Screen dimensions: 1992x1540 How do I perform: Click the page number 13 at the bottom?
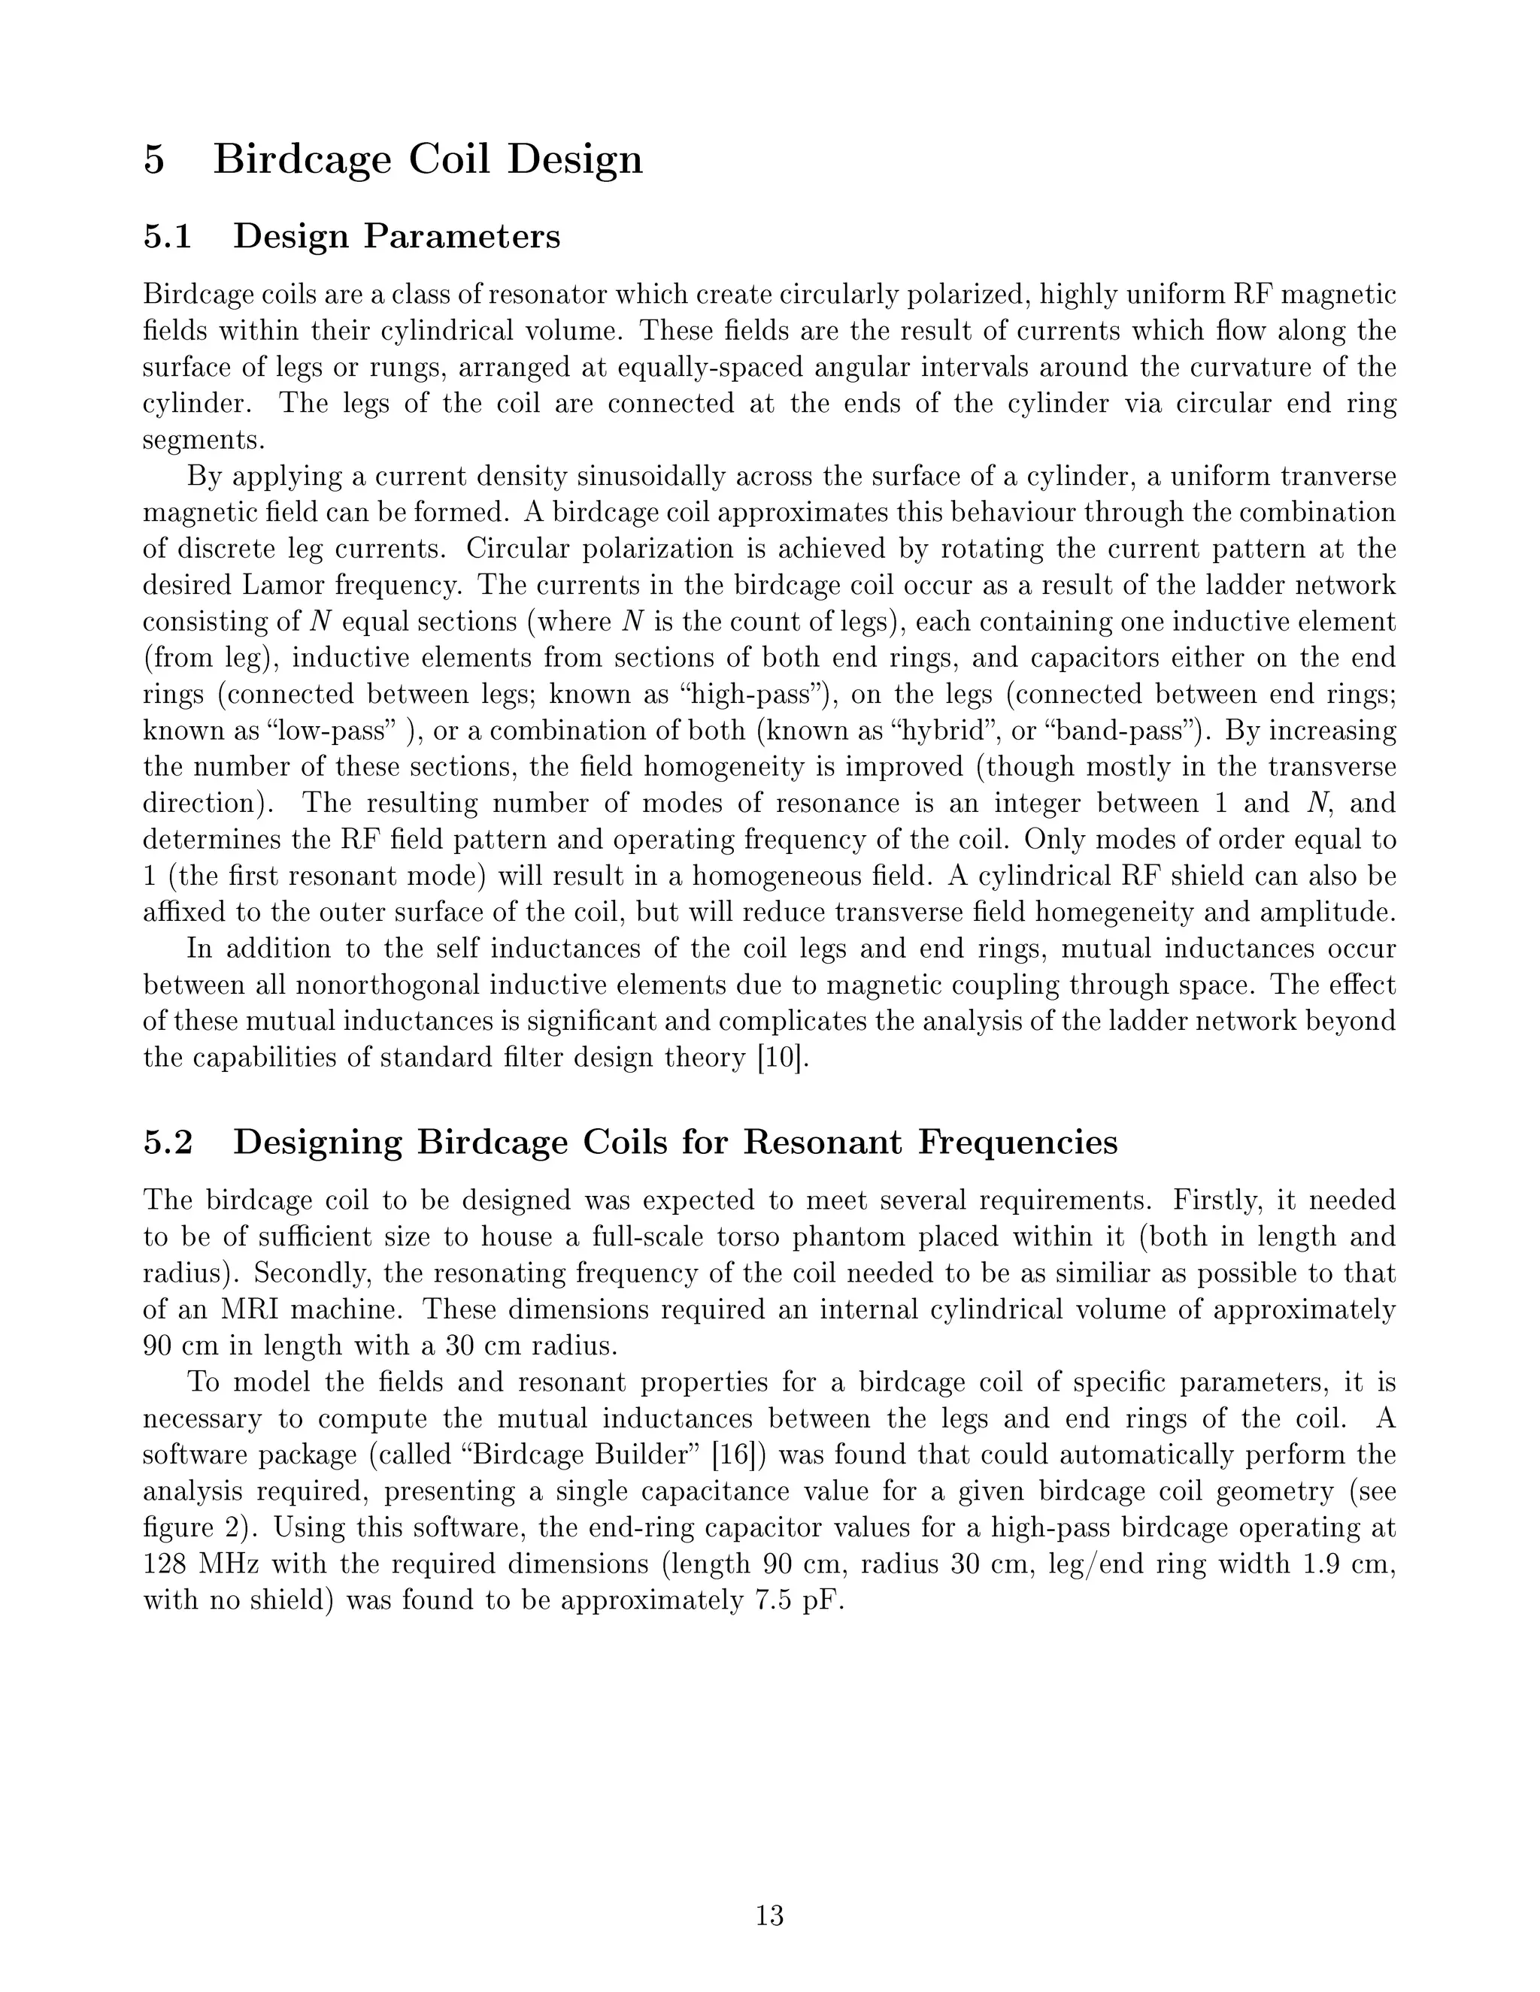pos(769,1915)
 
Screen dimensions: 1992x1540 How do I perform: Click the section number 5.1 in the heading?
pos(168,236)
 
